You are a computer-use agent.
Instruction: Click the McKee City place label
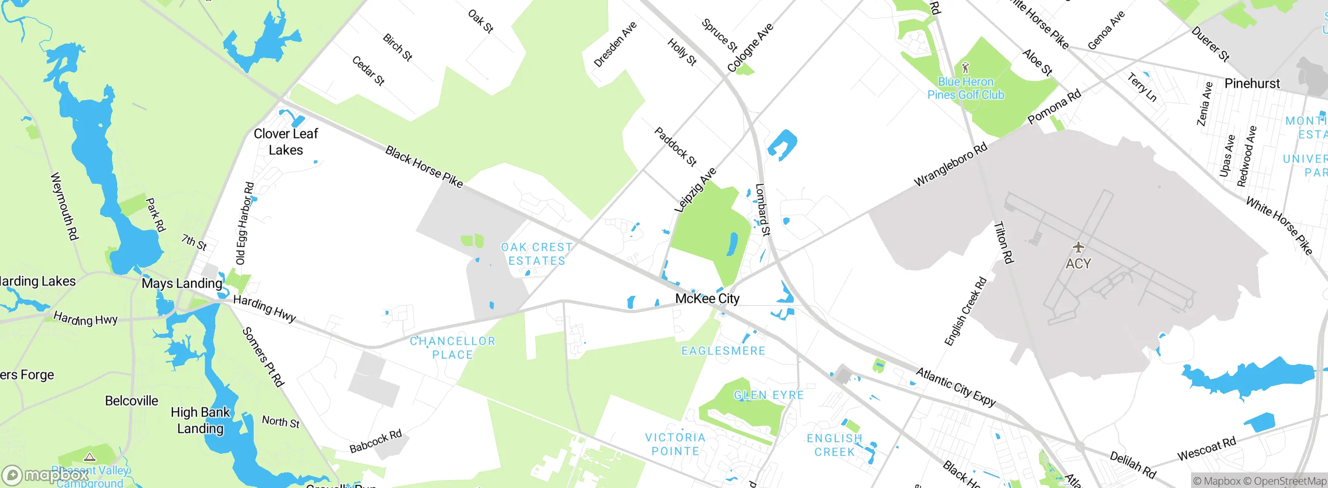(x=707, y=299)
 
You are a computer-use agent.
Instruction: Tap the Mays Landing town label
(x=182, y=283)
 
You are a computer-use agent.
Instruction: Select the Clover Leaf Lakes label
(x=286, y=142)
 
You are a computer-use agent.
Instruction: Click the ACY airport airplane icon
(x=1078, y=247)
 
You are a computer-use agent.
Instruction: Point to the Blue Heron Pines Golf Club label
(x=965, y=88)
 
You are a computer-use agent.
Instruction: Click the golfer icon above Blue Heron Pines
(x=965, y=67)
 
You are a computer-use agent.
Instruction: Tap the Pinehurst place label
(x=1252, y=84)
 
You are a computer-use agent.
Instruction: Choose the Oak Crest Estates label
(x=537, y=254)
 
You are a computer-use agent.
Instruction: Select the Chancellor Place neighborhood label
(x=452, y=348)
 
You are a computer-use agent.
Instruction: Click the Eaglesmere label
(x=723, y=351)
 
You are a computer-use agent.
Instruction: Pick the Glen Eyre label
(x=768, y=395)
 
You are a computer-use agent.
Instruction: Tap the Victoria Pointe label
(x=675, y=444)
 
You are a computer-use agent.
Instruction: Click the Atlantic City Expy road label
(x=956, y=387)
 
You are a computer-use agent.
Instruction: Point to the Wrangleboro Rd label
(x=950, y=165)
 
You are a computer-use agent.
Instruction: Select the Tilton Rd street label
(x=1003, y=242)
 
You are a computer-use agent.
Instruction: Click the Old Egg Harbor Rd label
(x=244, y=223)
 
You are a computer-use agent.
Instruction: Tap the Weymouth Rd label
(x=64, y=206)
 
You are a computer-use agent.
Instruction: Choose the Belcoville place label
(x=131, y=401)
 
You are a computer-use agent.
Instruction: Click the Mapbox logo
(x=46, y=475)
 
